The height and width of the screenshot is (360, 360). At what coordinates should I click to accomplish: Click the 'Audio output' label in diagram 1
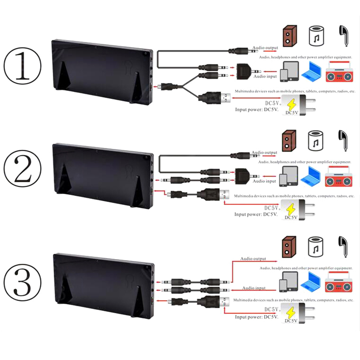[265, 48]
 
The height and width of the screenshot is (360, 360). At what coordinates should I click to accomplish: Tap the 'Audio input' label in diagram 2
[265, 181]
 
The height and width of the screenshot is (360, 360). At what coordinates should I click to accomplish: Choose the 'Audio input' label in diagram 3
[254, 288]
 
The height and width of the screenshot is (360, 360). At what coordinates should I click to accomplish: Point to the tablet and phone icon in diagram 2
[288, 176]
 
